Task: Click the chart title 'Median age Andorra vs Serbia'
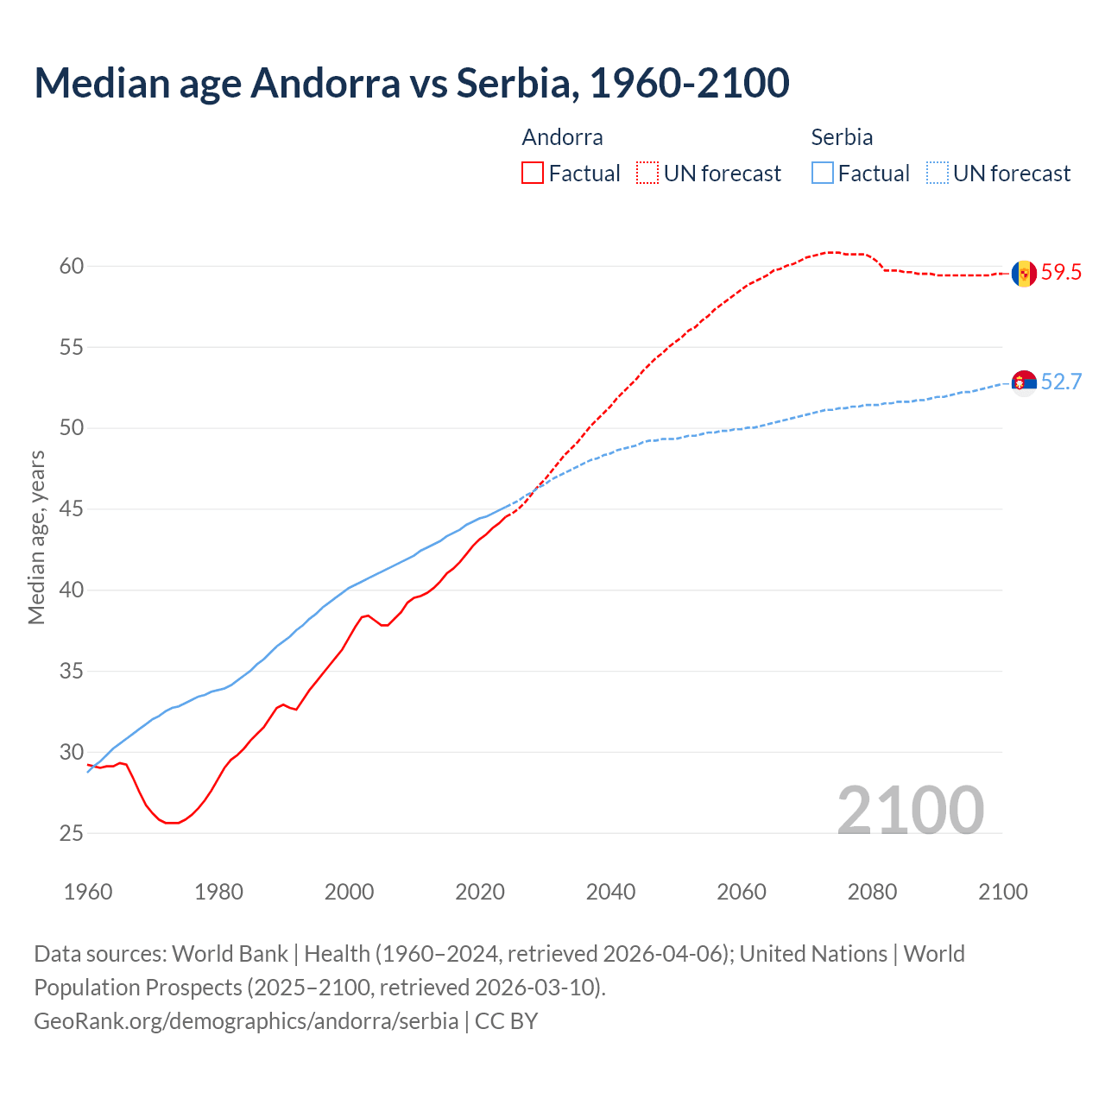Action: coord(411,83)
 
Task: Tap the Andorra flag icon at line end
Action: coord(1024,273)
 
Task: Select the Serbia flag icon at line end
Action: coord(1024,382)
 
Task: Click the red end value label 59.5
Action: coord(1061,273)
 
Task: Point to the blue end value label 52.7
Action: coord(1061,382)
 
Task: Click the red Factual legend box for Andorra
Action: coord(533,174)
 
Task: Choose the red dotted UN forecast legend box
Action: coord(647,174)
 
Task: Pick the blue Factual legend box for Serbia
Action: coord(823,174)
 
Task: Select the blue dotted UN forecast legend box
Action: coord(938,174)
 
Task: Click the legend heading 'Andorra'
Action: coord(562,137)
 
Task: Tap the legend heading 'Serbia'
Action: coord(842,137)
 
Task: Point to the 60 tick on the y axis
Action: coord(72,266)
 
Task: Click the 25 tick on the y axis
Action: coord(72,833)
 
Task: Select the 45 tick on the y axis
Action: coord(72,509)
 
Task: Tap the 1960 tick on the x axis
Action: coord(88,892)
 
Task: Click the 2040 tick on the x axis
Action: coord(610,892)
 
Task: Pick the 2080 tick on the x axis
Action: coord(872,892)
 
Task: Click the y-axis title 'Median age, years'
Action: coord(36,537)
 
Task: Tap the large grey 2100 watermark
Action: coord(910,810)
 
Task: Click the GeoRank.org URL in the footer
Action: coord(246,1021)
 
